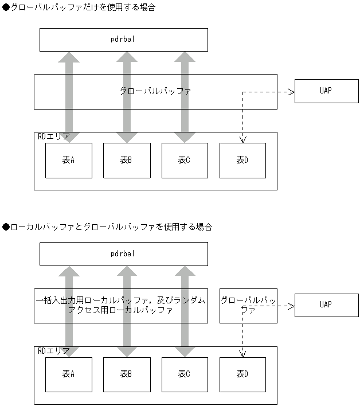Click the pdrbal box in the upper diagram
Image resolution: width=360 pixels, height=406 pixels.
pyautogui.click(x=123, y=40)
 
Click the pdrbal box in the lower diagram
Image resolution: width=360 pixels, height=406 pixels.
pyautogui.click(x=123, y=254)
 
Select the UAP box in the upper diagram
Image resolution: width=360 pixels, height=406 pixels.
pyautogui.click(x=326, y=91)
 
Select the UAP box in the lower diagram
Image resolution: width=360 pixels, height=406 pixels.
pyautogui.click(x=326, y=305)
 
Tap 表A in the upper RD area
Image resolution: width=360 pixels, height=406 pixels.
pyautogui.click(x=69, y=161)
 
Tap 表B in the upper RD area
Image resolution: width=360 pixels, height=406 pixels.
pyautogui.click(x=127, y=161)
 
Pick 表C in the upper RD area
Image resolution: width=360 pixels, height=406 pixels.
pyautogui.click(x=185, y=161)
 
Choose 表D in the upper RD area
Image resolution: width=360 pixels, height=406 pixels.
pyautogui.click(x=242, y=161)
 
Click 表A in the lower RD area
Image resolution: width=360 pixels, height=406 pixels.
pyautogui.click(x=69, y=374)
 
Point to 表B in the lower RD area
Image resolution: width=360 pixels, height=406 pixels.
pyautogui.click(x=127, y=374)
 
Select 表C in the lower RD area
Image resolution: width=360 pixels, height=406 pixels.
pyautogui.click(x=185, y=374)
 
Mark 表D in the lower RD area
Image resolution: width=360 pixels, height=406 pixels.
pyautogui.click(x=242, y=374)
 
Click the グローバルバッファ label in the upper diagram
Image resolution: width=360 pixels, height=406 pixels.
pyautogui.click(x=155, y=91)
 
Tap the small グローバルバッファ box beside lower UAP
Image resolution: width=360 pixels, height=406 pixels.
pyautogui.click(x=248, y=305)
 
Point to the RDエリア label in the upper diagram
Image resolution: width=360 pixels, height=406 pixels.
pyautogui.click(x=53, y=136)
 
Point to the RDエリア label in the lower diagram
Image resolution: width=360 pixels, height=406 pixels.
pyautogui.click(x=53, y=350)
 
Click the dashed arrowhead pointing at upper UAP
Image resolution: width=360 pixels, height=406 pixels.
pyautogui.click(x=291, y=91)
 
